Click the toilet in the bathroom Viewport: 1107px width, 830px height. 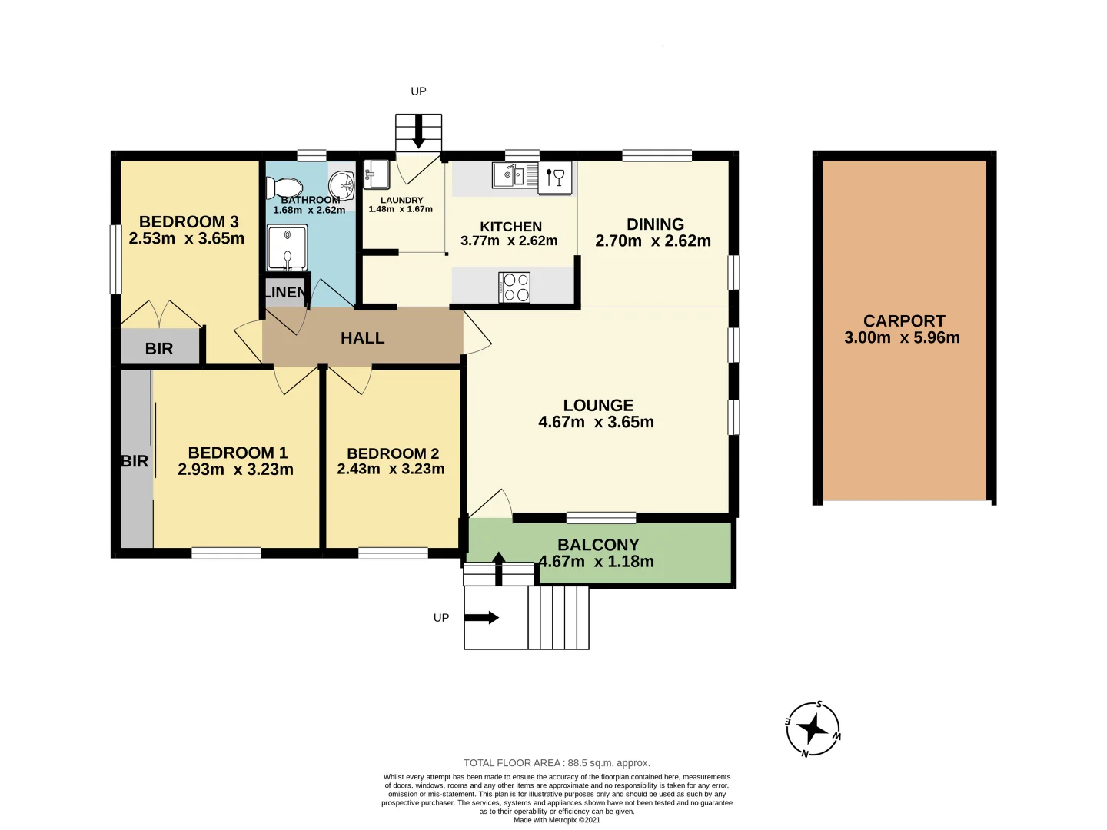[x=284, y=188]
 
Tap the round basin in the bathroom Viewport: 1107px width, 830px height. [x=341, y=185]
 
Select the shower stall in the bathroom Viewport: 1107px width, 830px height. [x=287, y=247]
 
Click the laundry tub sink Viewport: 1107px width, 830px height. [x=376, y=174]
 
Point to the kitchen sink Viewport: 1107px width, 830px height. [x=508, y=175]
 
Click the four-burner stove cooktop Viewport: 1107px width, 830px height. [x=514, y=287]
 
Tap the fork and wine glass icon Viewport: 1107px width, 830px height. [x=555, y=176]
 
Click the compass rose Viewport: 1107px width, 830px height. [x=813, y=729]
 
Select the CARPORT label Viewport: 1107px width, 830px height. [x=904, y=321]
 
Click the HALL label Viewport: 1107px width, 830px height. [x=363, y=338]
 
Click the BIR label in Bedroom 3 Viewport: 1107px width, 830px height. [x=159, y=349]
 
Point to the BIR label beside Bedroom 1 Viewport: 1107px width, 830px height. [x=135, y=461]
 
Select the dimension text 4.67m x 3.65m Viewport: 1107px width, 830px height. [x=597, y=422]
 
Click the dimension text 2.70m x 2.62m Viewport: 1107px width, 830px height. [x=653, y=241]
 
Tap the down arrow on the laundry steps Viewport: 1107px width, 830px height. [x=418, y=132]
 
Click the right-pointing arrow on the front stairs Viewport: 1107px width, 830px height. [x=482, y=617]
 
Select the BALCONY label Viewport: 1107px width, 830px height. [x=598, y=545]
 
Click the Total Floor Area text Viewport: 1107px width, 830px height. [x=557, y=763]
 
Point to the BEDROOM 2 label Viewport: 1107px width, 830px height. [x=393, y=453]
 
